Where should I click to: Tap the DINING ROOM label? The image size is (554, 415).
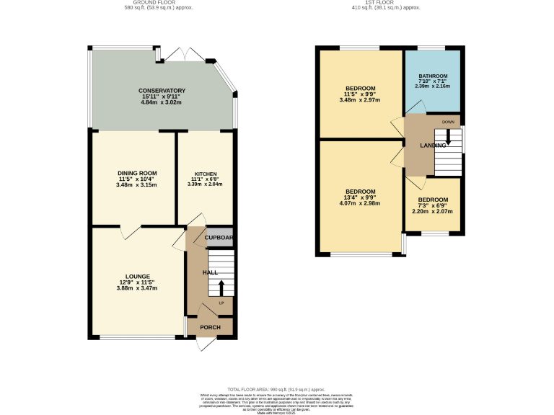(137, 173)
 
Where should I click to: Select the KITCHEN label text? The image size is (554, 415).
(205, 174)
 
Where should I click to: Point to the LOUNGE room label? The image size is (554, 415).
(137, 276)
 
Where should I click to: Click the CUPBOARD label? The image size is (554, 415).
(219, 237)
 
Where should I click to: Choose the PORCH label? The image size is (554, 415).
(210, 327)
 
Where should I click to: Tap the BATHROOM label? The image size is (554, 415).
(433, 76)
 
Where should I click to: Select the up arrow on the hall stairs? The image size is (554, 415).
(221, 287)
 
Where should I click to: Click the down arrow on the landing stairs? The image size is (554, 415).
(448, 135)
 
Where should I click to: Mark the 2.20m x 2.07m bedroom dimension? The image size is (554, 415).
(433, 211)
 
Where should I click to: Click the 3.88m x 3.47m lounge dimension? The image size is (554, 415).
(137, 288)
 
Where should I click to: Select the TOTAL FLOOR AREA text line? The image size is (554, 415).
(276, 388)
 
